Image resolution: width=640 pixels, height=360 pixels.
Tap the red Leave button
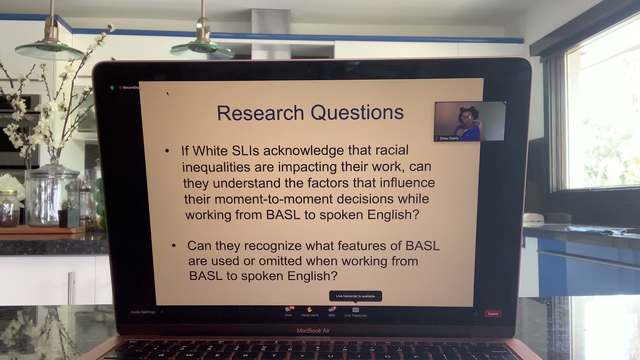(493, 313)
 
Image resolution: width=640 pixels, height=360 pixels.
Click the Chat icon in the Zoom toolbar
(288, 310)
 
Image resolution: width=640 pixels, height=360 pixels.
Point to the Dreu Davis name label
(448, 138)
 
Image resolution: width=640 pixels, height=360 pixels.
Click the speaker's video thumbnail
(469, 120)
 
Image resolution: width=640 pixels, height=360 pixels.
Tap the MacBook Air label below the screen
(313, 330)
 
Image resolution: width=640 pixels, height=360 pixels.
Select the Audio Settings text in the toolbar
(143, 312)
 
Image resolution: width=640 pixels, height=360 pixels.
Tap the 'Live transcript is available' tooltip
(355, 296)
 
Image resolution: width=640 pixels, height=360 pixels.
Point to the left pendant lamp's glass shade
(49, 50)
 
